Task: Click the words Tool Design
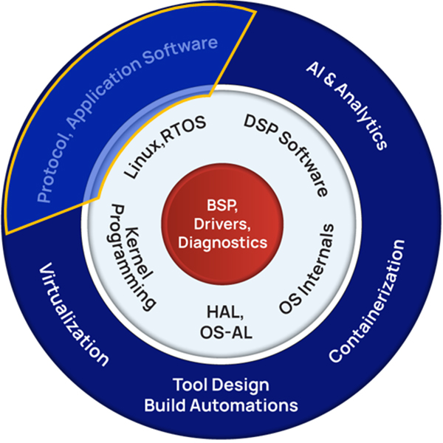pos(221,385)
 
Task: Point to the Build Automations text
pos(221,405)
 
